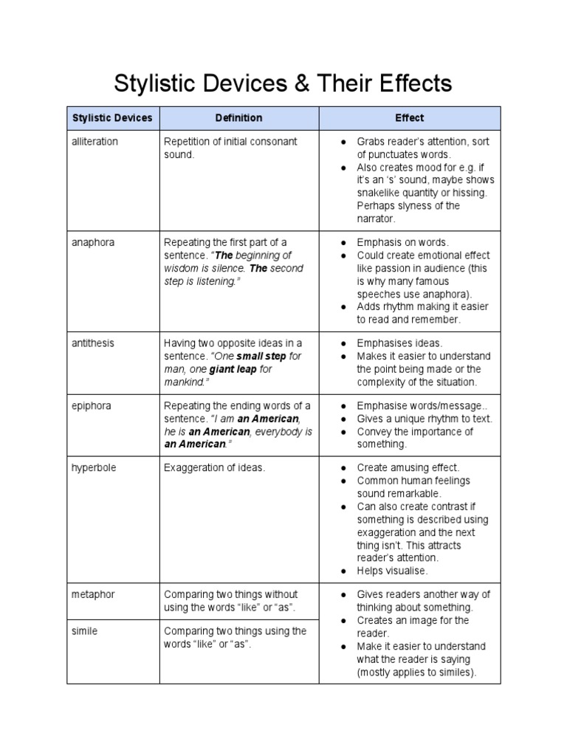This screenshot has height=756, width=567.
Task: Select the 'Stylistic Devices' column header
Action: [112, 118]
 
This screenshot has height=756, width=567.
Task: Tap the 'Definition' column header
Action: [238, 118]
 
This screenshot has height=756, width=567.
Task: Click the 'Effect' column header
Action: [409, 118]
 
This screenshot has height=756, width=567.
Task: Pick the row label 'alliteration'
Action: [94, 141]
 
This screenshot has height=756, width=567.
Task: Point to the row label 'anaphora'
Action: [93, 242]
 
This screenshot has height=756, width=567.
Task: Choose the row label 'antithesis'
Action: [93, 343]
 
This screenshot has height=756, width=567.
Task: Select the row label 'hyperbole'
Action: [94, 468]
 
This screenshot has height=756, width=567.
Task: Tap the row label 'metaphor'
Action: [94, 594]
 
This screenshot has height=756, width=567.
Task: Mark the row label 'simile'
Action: [85, 631]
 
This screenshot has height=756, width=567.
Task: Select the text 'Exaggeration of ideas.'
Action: [213, 468]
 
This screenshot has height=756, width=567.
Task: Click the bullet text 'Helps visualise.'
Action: [391, 571]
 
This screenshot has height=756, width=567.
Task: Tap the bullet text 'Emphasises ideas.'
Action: [399, 343]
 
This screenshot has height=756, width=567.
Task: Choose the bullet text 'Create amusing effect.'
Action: [408, 468]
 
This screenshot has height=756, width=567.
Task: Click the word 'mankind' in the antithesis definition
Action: [185, 382]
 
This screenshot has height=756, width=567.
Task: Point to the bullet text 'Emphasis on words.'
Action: [402, 242]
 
